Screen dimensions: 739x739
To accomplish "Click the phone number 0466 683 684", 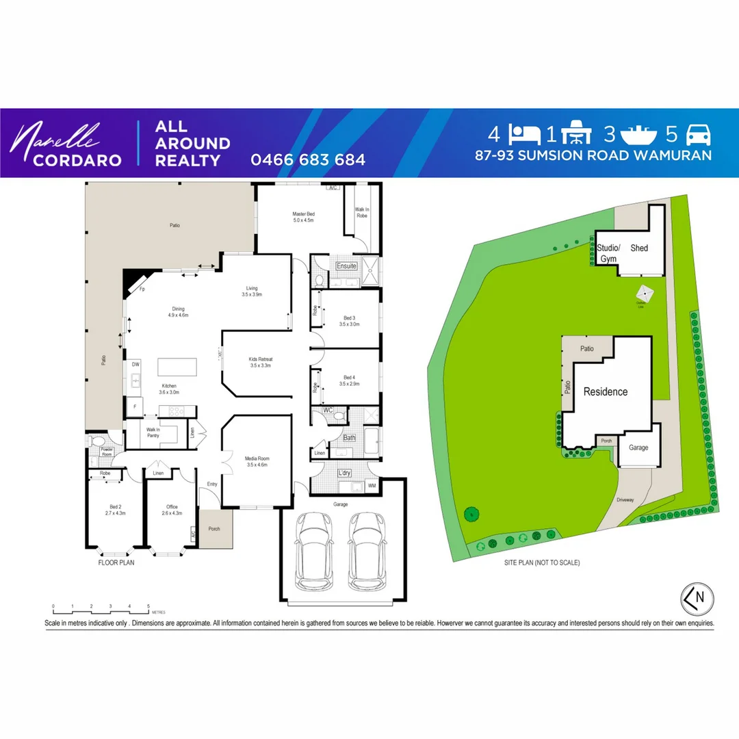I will click(308, 160).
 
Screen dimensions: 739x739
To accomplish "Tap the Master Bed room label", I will click(302, 217).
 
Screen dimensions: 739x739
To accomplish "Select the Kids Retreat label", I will click(261, 363).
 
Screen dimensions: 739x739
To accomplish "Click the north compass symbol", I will click(697, 597).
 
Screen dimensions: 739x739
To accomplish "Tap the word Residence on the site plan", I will click(605, 392).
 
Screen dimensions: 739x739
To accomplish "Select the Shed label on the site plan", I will click(639, 248).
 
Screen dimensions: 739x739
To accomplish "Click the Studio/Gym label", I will click(608, 253).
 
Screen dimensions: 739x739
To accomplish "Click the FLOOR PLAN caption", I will click(116, 563).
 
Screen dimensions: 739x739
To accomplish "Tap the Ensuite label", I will click(346, 265).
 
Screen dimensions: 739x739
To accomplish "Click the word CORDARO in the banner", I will click(69, 161).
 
